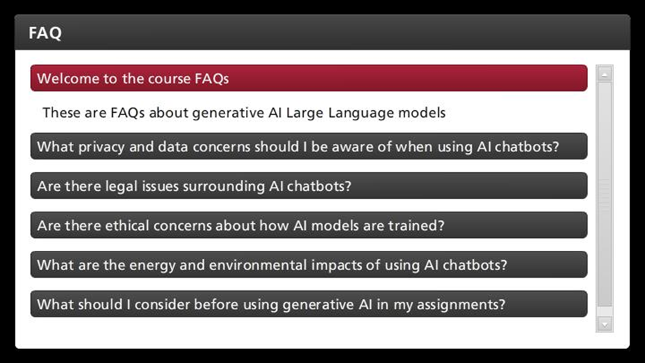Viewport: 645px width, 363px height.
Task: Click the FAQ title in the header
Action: tap(45, 33)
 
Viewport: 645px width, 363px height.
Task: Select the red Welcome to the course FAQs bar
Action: tap(309, 78)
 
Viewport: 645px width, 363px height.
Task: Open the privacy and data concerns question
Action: tap(309, 146)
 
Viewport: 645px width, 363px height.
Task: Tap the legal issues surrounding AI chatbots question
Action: tap(309, 186)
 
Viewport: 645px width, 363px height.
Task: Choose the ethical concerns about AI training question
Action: tap(309, 225)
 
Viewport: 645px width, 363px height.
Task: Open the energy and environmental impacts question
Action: tap(309, 265)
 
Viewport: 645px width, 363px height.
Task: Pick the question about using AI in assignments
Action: tap(309, 304)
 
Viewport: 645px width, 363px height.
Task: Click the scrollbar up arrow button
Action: tap(604, 74)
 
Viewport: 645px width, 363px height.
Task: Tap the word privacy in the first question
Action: tap(101, 147)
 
